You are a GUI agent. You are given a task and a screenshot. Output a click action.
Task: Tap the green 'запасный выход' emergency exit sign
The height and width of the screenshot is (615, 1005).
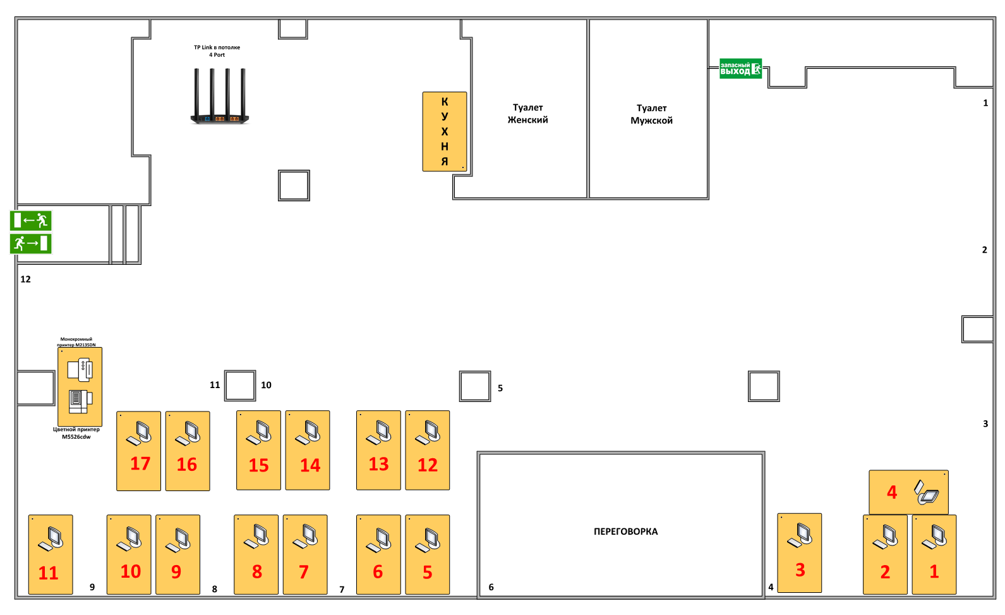coord(740,68)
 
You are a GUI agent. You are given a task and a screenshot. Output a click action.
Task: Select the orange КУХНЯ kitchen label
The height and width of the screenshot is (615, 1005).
coord(445,131)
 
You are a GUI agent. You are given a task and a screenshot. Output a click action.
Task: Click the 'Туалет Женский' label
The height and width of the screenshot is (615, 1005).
coord(528,114)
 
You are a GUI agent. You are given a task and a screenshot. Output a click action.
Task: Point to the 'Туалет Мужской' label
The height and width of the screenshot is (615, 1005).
coord(651,114)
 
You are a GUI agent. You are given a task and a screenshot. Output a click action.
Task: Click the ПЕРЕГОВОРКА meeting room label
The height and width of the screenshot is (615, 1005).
coord(625,532)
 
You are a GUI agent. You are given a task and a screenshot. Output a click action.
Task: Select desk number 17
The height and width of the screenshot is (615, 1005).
coord(139,451)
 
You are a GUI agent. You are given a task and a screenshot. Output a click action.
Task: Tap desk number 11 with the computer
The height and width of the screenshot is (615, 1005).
coord(51,554)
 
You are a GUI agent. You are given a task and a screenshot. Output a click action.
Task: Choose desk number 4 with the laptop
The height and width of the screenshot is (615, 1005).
coord(908,492)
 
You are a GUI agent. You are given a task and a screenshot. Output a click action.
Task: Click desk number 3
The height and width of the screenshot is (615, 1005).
coord(799,553)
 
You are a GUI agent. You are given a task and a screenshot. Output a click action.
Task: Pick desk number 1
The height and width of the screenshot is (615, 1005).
coord(934,554)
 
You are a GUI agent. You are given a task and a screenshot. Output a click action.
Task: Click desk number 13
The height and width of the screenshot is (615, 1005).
coord(378,450)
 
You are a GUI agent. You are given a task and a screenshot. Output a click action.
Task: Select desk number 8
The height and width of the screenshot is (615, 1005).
coord(256,554)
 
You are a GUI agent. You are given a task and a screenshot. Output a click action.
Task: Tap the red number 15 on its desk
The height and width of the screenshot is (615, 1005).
coord(258,465)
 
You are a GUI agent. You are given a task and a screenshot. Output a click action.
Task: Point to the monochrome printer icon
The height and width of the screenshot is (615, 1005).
coord(80,370)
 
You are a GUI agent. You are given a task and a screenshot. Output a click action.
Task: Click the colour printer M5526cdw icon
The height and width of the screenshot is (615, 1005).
coord(80,401)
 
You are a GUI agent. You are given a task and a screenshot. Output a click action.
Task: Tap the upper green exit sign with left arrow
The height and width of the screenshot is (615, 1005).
coord(30,221)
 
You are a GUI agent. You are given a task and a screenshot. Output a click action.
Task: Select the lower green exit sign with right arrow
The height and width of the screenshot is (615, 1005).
coord(30,243)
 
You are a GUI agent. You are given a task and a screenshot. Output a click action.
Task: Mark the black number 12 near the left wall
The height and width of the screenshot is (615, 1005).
coord(25,279)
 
